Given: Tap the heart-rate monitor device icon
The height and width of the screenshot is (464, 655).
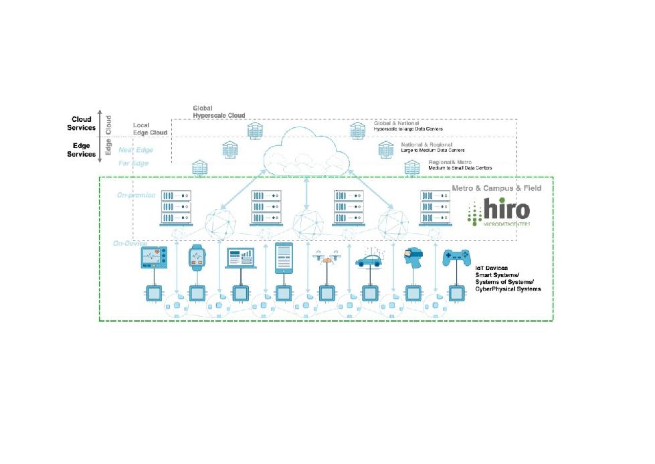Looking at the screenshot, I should [x=155, y=257].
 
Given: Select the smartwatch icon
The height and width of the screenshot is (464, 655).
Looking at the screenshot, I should [x=197, y=256].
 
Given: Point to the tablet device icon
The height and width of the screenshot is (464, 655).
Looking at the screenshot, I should [x=284, y=256].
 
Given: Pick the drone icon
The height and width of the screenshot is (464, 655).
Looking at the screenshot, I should [x=326, y=258].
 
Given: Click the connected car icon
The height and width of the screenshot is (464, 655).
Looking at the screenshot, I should [x=369, y=258].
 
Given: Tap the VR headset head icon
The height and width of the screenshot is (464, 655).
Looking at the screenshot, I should [x=412, y=257].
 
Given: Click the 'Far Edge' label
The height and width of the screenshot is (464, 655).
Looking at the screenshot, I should [x=134, y=163].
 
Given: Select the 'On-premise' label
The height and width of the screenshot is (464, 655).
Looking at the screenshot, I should [x=136, y=195].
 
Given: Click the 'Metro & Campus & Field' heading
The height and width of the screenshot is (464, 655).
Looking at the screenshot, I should [x=496, y=188].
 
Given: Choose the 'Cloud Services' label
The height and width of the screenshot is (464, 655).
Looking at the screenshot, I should [x=82, y=123].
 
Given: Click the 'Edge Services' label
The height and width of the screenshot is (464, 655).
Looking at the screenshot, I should [x=82, y=149].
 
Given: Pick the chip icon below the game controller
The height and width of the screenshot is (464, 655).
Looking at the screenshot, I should [x=456, y=293].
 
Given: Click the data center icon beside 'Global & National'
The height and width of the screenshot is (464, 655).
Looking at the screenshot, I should [x=357, y=130].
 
